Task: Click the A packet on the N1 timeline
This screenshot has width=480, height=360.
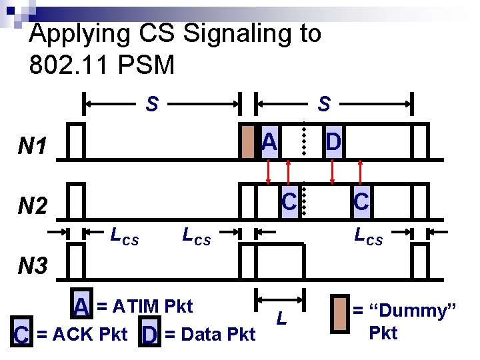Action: pos(269,142)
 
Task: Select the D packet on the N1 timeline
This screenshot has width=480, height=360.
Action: pos(333,142)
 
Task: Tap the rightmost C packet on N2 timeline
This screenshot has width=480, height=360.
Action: pos(361,201)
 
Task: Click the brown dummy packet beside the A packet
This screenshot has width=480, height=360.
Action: pos(248,142)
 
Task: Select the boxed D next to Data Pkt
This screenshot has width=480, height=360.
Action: pos(149,334)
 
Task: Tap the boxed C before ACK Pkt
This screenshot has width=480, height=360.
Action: pos(21,334)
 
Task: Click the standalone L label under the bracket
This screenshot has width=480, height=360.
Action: pos(281,319)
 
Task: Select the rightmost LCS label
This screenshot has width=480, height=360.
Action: pos(369,235)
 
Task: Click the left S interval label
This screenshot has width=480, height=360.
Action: pos(152,104)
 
